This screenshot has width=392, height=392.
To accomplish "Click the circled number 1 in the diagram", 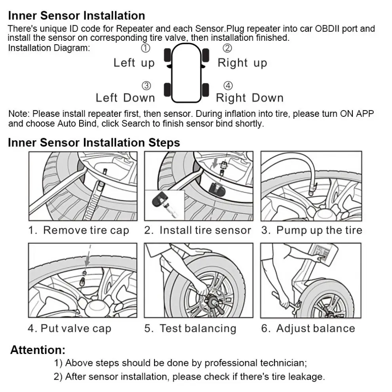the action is (146, 48).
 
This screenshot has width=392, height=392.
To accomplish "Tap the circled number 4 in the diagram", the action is (228, 86).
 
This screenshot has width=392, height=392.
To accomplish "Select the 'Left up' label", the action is (134, 63).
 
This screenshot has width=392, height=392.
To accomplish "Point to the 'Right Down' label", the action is (249, 98).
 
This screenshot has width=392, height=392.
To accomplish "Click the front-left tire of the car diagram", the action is (167, 55).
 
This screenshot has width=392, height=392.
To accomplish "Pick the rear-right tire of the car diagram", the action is (206, 90).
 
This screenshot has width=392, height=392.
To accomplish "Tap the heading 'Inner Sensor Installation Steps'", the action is (94, 143).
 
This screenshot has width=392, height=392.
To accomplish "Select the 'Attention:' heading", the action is (38, 350).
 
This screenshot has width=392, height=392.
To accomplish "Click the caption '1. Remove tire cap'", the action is (78, 230).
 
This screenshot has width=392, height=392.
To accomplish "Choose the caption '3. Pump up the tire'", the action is (312, 230).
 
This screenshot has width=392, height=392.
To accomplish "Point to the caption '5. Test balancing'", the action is (190, 329).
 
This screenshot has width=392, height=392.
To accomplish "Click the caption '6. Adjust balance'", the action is (308, 329).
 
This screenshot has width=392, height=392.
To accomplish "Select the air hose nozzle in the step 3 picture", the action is (312, 188).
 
